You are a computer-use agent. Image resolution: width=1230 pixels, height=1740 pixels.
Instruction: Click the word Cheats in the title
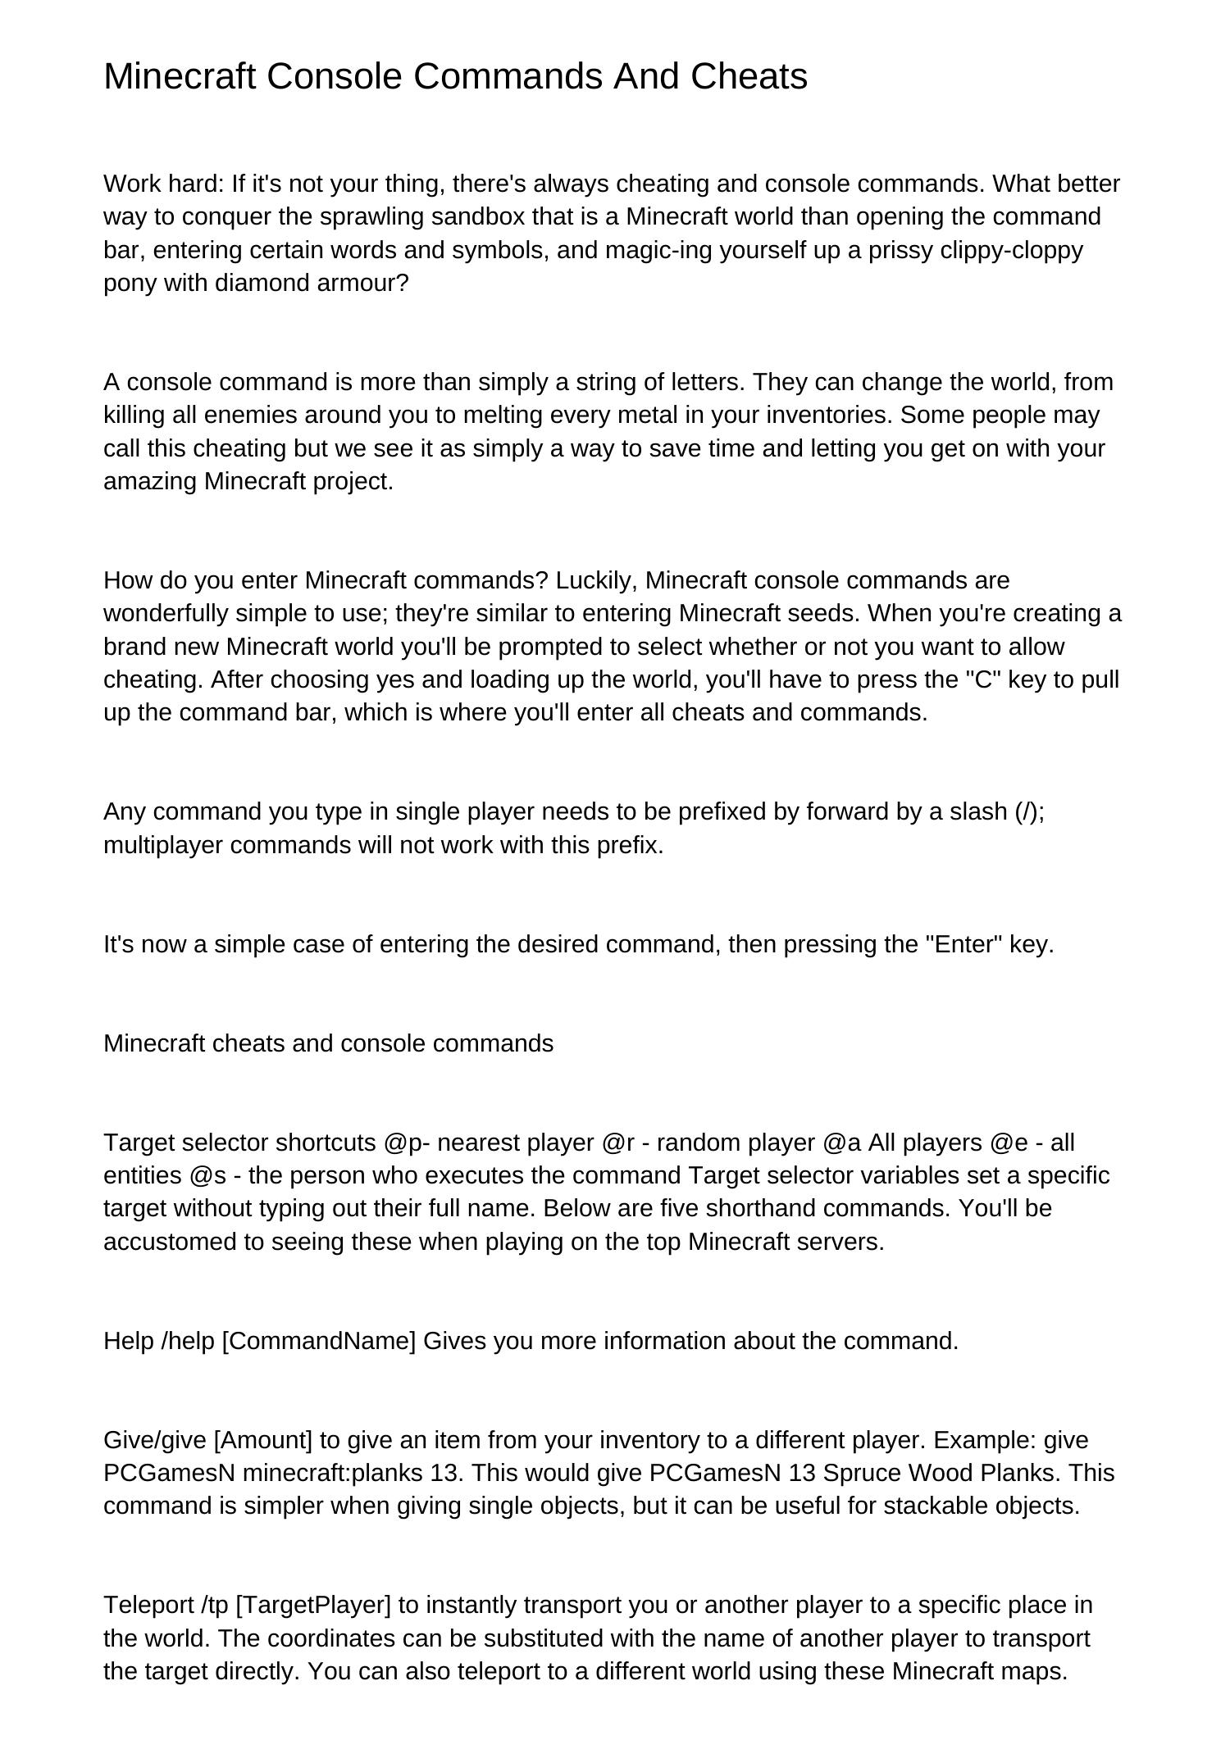749,77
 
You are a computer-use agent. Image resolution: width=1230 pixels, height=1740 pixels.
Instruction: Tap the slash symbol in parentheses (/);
1028,812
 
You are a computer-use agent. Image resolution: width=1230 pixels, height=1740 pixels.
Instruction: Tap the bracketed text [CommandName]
319,1341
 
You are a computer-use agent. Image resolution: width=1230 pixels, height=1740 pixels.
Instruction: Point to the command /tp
213,1605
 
